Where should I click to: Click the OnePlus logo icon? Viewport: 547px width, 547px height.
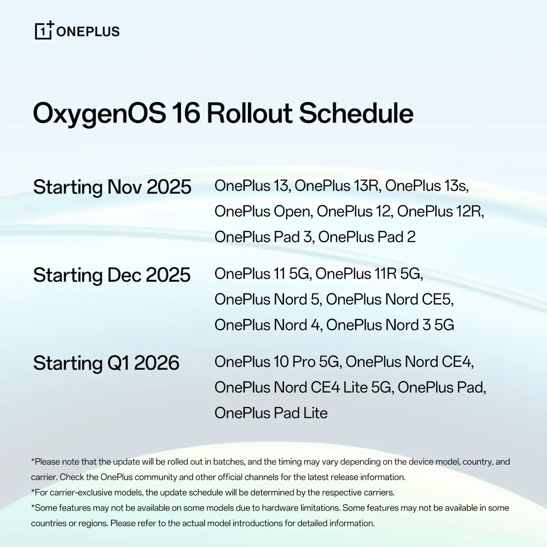tap(44, 31)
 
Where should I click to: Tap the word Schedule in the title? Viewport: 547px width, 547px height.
tap(356, 113)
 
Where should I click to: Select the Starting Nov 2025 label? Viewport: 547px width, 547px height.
tap(112, 187)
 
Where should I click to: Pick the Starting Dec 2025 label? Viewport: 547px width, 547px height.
tap(112, 275)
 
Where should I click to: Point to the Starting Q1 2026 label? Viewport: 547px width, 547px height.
tap(106, 363)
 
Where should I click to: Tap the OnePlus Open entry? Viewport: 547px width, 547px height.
tap(263, 212)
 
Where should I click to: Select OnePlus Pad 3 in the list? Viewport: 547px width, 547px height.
tap(263, 237)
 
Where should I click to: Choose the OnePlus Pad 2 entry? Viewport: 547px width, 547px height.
tap(367, 237)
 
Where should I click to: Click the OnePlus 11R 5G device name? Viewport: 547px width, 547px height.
tap(368, 274)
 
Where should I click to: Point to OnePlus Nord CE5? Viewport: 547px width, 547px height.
tap(389, 299)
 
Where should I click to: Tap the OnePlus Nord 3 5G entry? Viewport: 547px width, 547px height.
tap(390, 325)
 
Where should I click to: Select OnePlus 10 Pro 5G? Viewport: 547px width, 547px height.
tap(277, 362)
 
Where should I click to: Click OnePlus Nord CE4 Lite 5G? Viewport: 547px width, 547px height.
tap(303, 387)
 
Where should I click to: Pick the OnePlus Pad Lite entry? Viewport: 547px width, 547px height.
tap(271, 413)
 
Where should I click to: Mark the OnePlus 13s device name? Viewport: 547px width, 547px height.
tap(426, 186)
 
